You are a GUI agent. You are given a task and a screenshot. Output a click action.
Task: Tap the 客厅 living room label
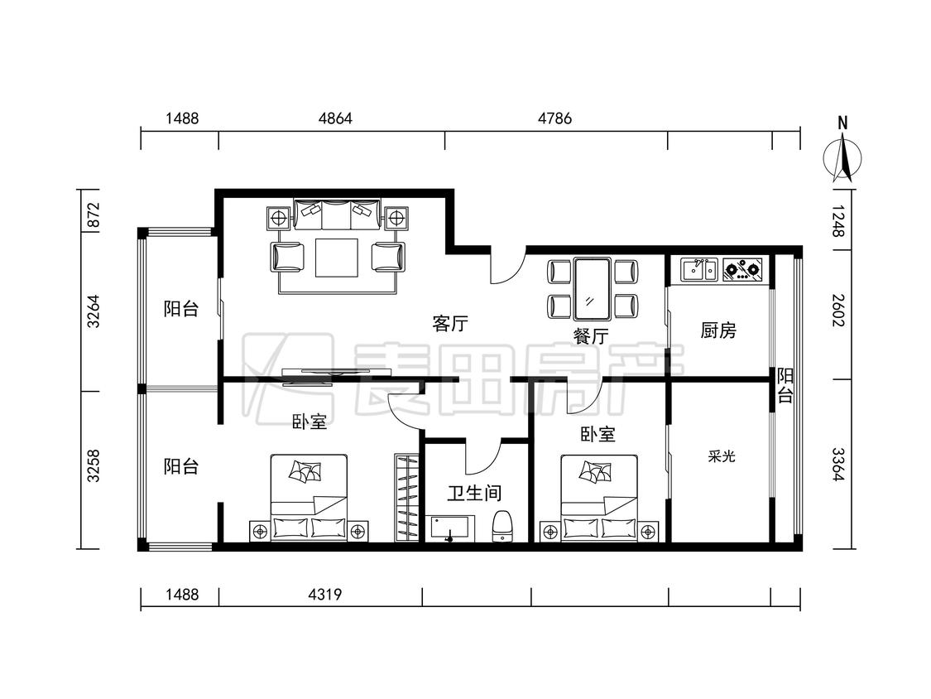coord(449,323)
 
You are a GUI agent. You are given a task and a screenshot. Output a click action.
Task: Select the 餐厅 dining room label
coord(591,335)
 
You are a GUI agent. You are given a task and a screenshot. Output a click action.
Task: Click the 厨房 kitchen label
coord(718,330)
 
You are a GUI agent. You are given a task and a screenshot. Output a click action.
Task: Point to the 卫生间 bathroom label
coord(474,493)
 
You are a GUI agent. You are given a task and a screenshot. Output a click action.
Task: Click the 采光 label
coord(722,456)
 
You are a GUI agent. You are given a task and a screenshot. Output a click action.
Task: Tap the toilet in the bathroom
coord(503,527)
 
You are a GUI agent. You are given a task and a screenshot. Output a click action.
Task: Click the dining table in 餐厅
coord(592,288)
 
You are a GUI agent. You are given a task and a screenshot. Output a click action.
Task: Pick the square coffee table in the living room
coord(337,258)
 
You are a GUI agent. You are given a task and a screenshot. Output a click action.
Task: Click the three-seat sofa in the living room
coord(337,215)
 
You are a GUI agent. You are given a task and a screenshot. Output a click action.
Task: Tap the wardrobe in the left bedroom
coord(406,498)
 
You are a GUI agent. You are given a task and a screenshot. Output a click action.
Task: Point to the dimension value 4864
coord(335,118)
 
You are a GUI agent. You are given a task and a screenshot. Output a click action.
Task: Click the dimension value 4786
coord(555,118)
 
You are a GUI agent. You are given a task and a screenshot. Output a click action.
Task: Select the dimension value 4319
coord(324,594)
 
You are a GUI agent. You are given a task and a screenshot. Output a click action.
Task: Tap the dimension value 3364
coord(837,465)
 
